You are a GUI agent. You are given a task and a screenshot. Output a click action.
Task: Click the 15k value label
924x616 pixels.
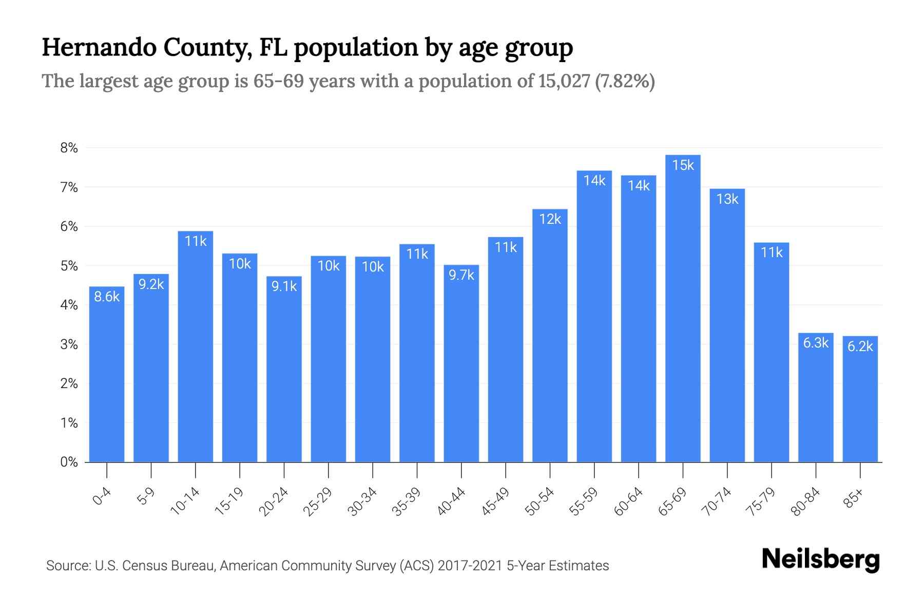(683, 165)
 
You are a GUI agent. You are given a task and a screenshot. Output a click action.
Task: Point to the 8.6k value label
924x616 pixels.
(107, 297)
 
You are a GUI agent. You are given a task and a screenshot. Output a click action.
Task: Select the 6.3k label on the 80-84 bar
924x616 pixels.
(816, 343)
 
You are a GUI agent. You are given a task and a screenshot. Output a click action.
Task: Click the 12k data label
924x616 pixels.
(550, 219)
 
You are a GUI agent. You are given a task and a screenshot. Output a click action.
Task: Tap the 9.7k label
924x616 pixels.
(461, 275)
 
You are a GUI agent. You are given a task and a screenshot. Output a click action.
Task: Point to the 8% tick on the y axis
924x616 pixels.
(69, 148)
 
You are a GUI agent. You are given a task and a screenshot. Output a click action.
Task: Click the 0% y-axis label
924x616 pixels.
(69, 462)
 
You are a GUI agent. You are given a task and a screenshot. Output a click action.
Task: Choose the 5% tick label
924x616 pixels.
(69, 266)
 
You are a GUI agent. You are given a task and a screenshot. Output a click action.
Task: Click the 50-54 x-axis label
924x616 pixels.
(540, 502)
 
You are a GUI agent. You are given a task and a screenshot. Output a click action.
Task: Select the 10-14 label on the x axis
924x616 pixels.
(185, 502)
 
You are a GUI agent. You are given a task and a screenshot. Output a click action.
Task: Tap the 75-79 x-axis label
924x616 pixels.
(761, 502)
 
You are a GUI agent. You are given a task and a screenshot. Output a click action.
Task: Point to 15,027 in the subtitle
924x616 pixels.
(564, 81)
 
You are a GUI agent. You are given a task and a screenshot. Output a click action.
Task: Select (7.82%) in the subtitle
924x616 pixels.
(625, 81)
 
